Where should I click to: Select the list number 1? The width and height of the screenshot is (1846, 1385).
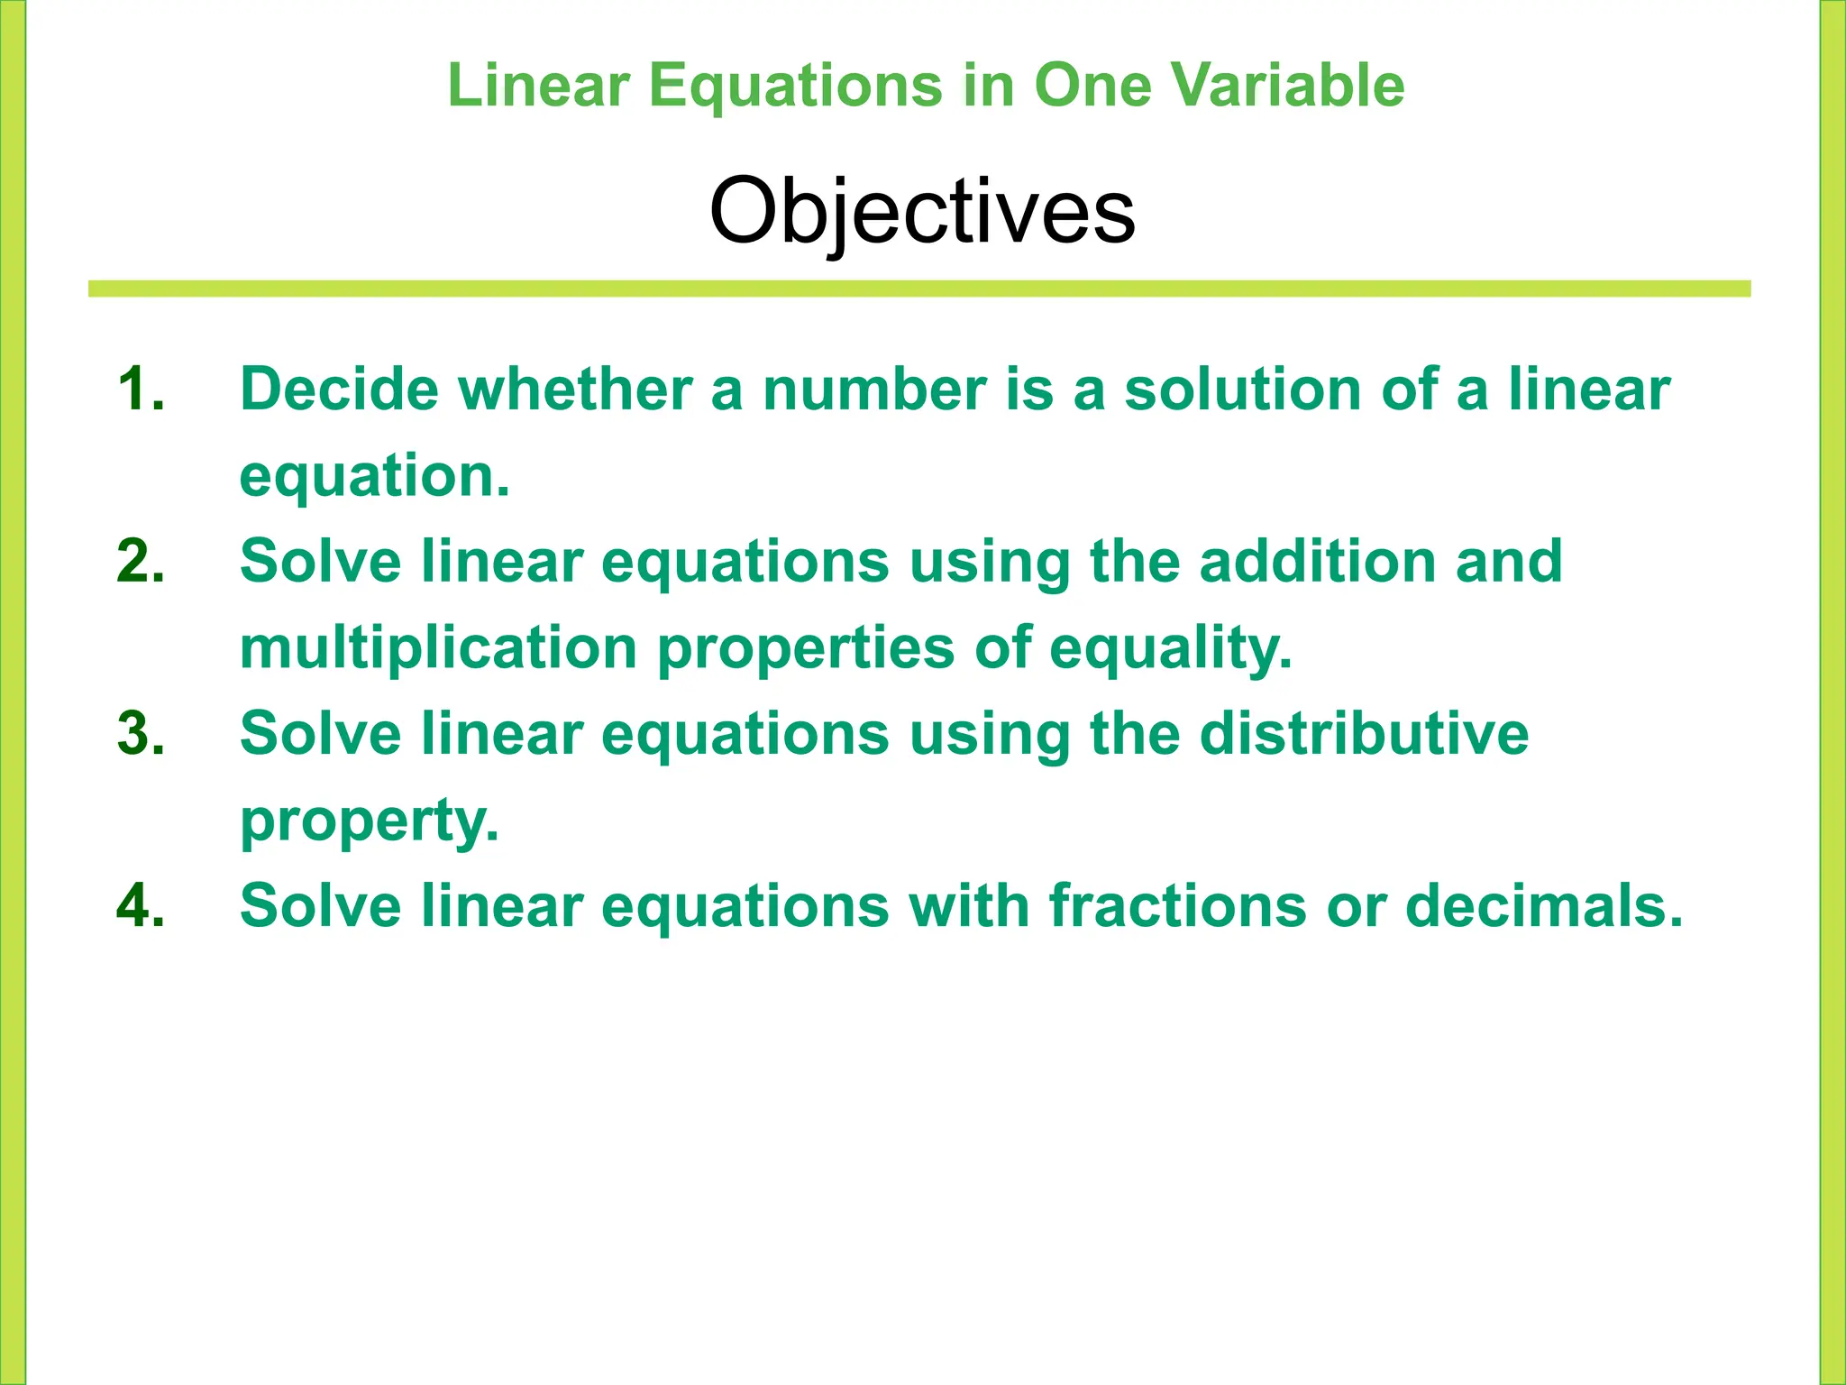(140, 390)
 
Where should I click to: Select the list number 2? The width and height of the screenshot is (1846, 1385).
(141, 562)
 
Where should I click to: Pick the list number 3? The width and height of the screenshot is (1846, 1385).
(141, 734)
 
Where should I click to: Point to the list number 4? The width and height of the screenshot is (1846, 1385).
(141, 906)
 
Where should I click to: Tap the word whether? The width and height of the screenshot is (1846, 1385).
(574, 390)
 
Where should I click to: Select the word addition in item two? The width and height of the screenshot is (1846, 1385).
(1317, 562)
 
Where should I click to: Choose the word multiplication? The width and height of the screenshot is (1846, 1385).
(439, 648)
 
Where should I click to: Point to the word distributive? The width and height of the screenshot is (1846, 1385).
(1364, 734)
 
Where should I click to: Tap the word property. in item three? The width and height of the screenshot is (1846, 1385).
(369, 821)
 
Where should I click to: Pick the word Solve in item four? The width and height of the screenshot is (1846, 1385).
(320, 906)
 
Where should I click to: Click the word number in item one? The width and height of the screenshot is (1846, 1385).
(873, 390)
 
